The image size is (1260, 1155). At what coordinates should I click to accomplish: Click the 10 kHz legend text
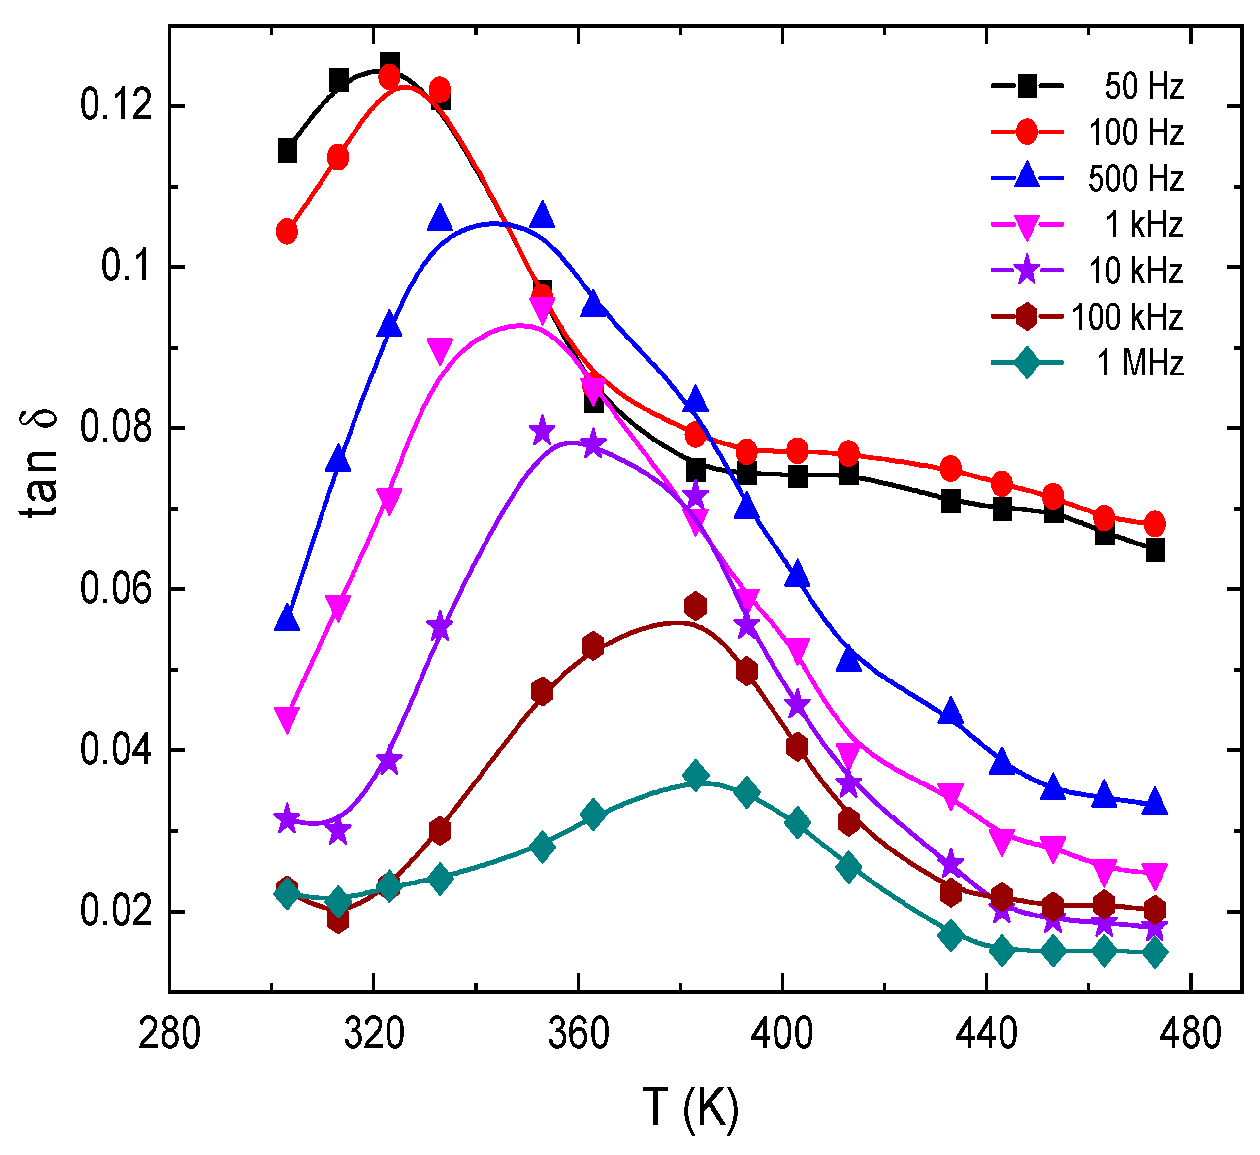[x=1135, y=271]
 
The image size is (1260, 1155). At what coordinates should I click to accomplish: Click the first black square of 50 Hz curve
[x=287, y=151]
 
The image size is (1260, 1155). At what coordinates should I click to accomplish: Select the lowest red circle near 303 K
[x=287, y=232]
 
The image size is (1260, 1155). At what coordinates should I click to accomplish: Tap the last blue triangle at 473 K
[x=1155, y=802]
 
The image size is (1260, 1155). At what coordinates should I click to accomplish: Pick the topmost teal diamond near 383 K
[x=695, y=776]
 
